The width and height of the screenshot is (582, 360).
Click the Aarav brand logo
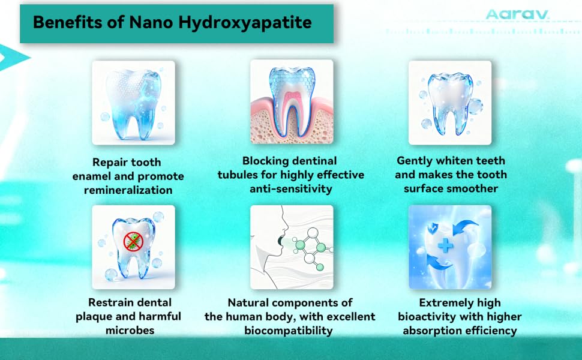point(517,14)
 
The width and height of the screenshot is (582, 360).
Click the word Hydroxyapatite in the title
point(245,23)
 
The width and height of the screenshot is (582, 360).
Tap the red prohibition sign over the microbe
point(133,241)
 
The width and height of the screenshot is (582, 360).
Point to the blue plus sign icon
point(445,245)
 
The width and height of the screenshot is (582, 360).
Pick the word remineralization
point(128,190)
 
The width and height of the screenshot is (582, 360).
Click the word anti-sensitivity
point(291,188)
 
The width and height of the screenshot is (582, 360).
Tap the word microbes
point(130,331)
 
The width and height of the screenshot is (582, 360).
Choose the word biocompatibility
point(289,331)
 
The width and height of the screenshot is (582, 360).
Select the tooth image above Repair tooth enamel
point(134,103)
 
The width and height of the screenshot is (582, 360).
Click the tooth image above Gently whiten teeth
point(450,103)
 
